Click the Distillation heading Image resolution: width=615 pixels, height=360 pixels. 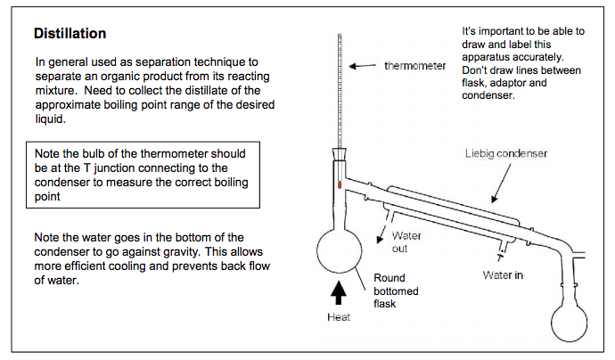point(70,33)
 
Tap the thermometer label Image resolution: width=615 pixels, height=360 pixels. point(415,65)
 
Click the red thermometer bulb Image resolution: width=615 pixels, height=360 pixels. point(340,184)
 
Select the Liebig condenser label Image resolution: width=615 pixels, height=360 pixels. point(506,153)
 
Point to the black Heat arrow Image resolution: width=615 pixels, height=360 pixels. point(338,293)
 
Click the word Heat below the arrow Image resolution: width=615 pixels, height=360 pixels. point(339,317)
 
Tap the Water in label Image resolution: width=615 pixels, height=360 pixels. point(503,275)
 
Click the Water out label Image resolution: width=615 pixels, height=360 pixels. point(406,242)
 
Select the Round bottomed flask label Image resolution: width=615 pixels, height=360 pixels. point(396,290)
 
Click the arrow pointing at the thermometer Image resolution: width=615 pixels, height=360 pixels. point(362,66)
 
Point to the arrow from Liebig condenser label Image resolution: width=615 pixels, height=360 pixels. point(501,184)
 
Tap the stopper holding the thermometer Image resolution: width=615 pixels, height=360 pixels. point(340,154)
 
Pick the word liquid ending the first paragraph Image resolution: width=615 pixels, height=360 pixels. point(50,119)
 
